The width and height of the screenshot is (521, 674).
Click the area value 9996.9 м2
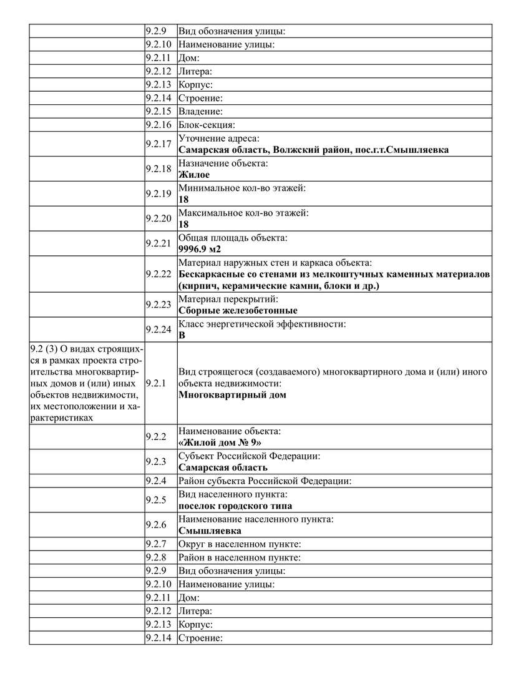click(x=200, y=249)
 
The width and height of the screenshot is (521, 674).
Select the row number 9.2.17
click(x=158, y=144)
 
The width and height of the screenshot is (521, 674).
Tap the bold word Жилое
click(x=194, y=175)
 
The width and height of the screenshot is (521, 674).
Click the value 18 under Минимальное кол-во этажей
click(x=183, y=200)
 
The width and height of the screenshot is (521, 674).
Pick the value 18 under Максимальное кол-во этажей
click(x=183, y=224)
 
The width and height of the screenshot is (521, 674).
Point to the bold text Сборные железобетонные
click(x=238, y=310)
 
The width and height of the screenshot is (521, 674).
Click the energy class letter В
click(x=182, y=335)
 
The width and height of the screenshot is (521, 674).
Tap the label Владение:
click(x=200, y=112)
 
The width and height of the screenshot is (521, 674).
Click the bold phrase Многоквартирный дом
click(x=232, y=394)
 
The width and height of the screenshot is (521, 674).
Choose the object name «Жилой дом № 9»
click(x=220, y=443)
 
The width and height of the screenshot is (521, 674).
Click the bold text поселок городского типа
click(x=235, y=506)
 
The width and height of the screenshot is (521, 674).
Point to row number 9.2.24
click(x=158, y=329)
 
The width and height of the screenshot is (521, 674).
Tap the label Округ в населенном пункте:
click(x=240, y=544)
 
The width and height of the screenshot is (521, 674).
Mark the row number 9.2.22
click(x=158, y=273)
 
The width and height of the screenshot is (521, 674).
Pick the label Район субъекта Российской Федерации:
click(x=265, y=481)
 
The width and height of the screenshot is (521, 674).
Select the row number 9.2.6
click(x=155, y=525)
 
